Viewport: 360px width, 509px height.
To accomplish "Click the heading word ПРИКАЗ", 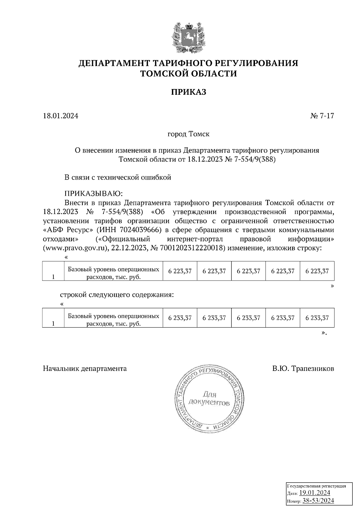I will pyautogui.click(x=189, y=92).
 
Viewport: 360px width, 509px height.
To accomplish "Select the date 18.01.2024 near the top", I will pyautogui.click(x=61, y=116).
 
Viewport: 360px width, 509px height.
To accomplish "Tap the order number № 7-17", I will pyautogui.click(x=322, y=116).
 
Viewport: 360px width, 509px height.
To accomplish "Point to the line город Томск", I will pyautogui.click(x=188, y=134).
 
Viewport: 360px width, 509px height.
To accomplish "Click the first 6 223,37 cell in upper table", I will pyautogui.click(x=180, y=271).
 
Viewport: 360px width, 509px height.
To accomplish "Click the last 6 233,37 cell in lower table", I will pyautogui.click(x=317, y=318).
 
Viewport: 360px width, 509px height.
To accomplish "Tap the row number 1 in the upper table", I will pyautogui.click(x=53, y=277).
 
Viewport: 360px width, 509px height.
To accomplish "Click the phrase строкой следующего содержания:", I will pyautogui.click(x=117, y=295).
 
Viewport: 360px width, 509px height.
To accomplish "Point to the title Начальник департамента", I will pyautogui.click(x=85, y=368).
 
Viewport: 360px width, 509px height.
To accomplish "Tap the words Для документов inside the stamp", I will pyautogui.click(x=209, y=399).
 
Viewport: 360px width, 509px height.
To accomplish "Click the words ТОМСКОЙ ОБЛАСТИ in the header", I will pyautogui.click(x=189, y=73).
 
